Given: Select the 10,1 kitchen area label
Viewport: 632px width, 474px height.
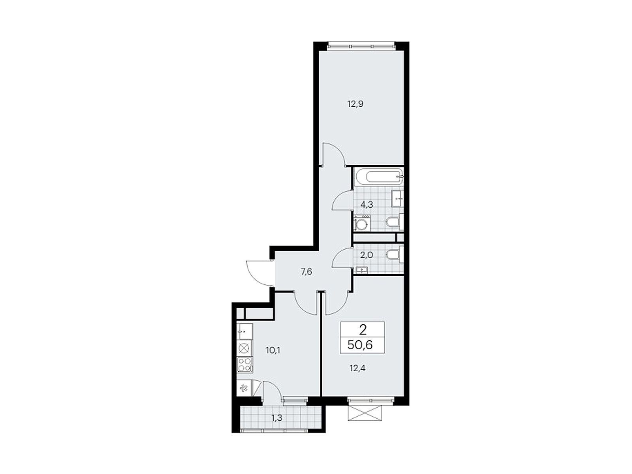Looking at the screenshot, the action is click(x=273, y=350).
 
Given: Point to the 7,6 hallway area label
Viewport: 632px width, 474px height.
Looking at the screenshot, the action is click(x=306, y=272).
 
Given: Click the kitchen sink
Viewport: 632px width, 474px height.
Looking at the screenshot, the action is click(x=245, y=331).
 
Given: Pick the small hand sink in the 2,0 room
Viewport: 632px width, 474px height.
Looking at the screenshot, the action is click(x=361, y=270).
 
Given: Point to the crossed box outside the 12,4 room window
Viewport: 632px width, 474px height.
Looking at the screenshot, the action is click(x=366, y=413).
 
